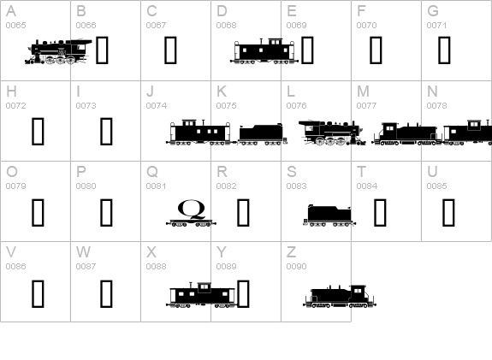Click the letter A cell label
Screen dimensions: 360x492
coord(10,11)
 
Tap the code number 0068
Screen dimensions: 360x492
coord(226,26)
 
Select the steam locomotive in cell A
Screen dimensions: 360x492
coord(58,51)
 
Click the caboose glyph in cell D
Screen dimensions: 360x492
coord(263,51)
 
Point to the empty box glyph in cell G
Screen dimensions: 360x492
coord(444,51)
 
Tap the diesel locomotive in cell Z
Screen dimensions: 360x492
coord(340,295)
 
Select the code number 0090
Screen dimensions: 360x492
coord(296,267)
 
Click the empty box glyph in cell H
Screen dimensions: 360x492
coord(38,132)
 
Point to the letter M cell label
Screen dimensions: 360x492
coord(363,91)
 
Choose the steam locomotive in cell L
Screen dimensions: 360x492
coord(330,132)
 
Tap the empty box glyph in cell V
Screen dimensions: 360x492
coord(38,293)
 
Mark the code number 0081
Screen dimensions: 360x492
coord(156,186)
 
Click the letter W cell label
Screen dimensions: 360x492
coord(83,252)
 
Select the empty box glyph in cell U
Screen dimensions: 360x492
coord(448,211)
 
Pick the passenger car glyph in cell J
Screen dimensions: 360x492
coord(200,133)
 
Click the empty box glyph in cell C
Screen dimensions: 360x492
coord(170,51)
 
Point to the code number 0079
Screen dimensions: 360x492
coord(15,186)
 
